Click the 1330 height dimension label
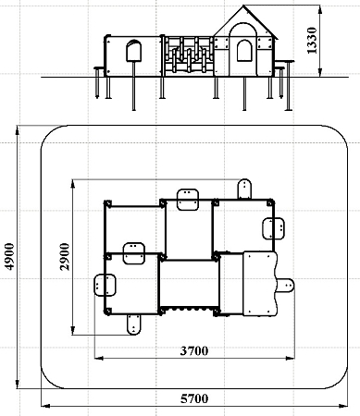(x=312, y=41)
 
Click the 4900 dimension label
(x=10, y=257)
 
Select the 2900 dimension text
(x=65, y=257)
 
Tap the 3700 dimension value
(x=194, y=350)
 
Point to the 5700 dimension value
(x=194, y=398)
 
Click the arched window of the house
(x=244, y=51)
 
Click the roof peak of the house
(x=243, y=6)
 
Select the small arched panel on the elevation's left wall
(x=134, y=51)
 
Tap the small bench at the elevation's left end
(x=98, y=67)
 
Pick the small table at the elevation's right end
(x=284, y=61)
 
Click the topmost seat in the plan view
(x=244, y=189)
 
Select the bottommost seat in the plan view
(x=133, y=324)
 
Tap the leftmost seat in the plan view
(x=105, y=285)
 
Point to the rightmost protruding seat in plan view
(x=286, y=286)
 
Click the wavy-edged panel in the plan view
(x=260, y=284)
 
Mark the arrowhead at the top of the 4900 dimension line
(x=18, y=130)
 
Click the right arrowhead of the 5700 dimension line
(x=343, y=406)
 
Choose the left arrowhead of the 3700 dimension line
(x=99, y=358)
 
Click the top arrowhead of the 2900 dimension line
(x=73, y=184)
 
